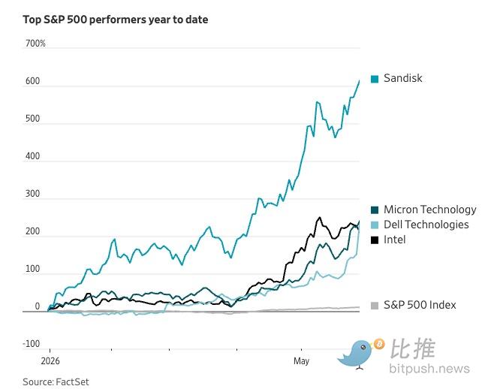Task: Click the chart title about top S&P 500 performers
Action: click(116, 20)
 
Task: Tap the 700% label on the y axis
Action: click(35, 44)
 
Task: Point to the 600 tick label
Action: click(33, 81)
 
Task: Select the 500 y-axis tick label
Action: click(33, 119)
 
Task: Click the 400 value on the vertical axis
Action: click(33, 156)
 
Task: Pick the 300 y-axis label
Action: click(33, 194)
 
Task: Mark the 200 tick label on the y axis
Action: click(33, 231)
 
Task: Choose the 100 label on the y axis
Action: click(33, 269)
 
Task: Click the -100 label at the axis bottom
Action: click(32, 344)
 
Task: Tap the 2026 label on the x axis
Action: click(50, 361)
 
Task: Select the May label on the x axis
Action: click(301, 361)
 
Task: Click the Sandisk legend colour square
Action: click(375, 79)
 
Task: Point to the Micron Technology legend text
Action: click(430, 210)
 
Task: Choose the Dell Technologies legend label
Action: click(426, 225)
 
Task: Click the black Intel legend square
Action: click(375, 240)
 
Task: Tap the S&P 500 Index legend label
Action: click(420, 305)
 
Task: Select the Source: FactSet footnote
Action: click(56, 382)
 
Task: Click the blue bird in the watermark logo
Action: click(357, 354)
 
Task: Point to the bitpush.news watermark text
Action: click(429, 369)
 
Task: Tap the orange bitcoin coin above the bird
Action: click(379, 344)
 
